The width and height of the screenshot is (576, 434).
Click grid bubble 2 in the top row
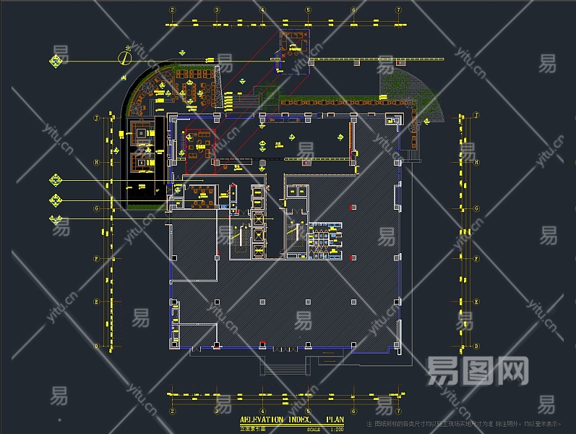[x=172, y=10]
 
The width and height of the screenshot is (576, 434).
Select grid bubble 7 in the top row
[x=398, y=10]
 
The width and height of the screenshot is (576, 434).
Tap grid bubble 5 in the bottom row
[x=308, y=410]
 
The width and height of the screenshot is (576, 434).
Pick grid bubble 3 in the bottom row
[x=217, y=410]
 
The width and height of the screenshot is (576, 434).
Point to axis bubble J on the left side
[x=96, y=116]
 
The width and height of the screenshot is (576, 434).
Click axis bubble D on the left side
[x=96, y=345]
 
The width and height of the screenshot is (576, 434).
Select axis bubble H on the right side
[x=477, y=162]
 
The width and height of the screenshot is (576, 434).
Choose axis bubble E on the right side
[x=477, y=301]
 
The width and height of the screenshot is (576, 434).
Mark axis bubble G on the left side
[x=96, y=209]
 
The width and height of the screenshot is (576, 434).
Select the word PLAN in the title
[x=335, y=420]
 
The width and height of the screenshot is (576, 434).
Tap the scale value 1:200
[x=336, y=429]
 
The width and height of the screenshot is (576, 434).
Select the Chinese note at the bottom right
[x=465, y=424]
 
